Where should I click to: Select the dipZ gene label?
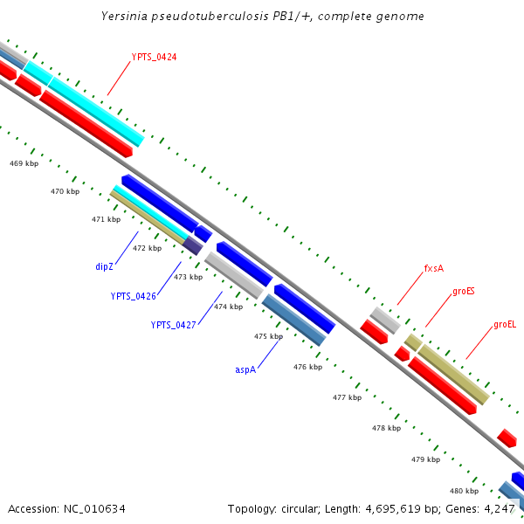105,266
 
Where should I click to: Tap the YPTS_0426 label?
133,296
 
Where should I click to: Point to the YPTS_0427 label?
173,325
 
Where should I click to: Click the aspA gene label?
245,369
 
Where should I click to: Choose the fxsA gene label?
434,268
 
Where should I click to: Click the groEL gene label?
505,324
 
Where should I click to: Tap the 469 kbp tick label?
24,163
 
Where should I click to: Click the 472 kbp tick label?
147,248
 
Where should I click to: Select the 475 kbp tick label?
268,336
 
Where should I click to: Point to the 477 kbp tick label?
347,397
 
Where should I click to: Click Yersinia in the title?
130,16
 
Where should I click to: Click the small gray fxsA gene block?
384,320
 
